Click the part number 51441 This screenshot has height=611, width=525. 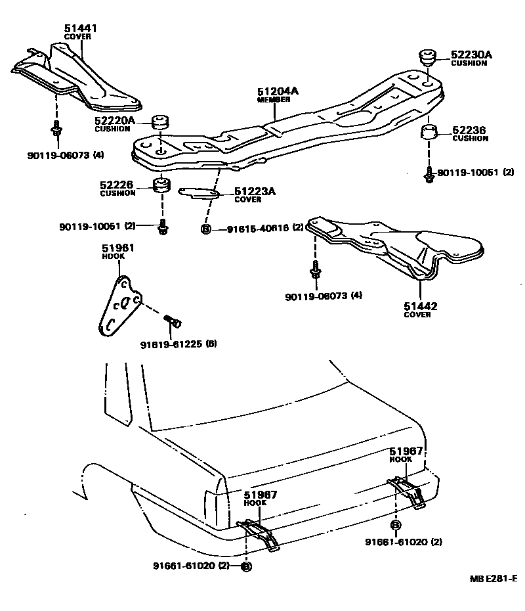point(77,28)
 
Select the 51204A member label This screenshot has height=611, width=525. point(277,92)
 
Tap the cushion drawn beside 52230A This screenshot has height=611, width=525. point(428,57)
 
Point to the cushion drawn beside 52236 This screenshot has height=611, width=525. point(429,132)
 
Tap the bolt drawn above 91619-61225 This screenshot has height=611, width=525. point(173,321)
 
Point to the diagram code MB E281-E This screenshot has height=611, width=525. point(493,579)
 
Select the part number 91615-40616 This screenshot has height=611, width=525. point(257,229)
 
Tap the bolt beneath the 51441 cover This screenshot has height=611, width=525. point(56,130)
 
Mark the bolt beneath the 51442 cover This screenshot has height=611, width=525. point(315,270)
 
